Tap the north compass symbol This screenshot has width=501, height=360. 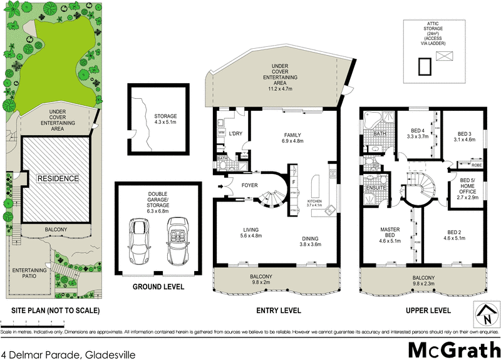[485, 315]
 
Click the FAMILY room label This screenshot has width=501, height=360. [293, 135]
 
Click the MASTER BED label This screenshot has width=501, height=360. [390, 232]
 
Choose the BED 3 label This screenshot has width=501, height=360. [465, 133]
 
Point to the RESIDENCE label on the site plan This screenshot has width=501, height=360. [57, 178]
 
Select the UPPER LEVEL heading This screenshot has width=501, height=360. [429, 311]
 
